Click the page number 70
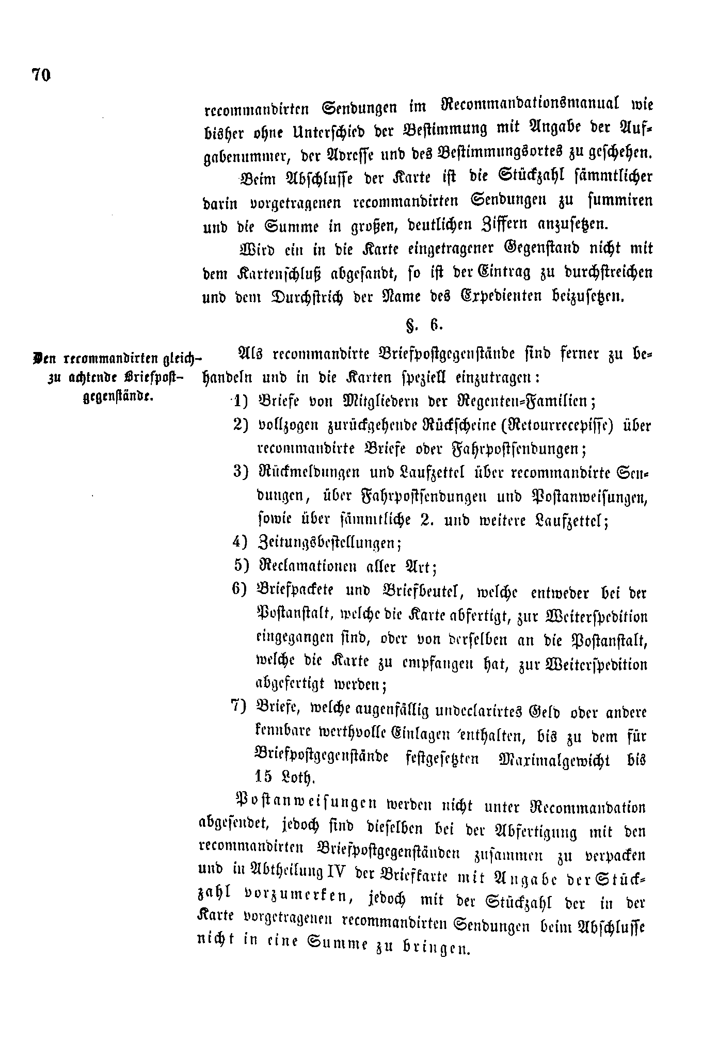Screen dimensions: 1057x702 (x=41, y=75)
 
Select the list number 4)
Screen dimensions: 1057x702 (x=241, y=541)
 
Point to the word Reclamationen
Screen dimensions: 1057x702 (x=308, y=567)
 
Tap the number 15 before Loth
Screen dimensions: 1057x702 (x=265, y=777)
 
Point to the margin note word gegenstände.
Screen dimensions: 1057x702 (x=116, y=397)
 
